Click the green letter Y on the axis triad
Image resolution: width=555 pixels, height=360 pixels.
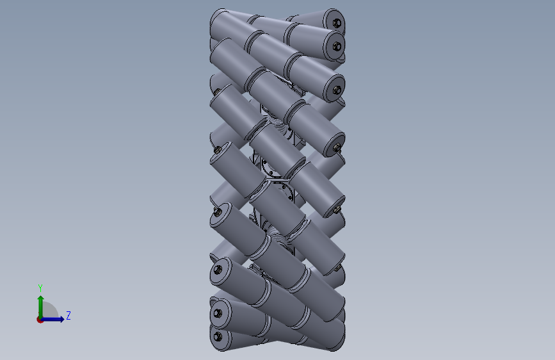40,288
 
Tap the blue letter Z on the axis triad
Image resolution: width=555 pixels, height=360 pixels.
68,315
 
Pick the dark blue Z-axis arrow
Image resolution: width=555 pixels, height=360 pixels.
54,319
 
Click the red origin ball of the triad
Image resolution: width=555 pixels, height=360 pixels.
40,319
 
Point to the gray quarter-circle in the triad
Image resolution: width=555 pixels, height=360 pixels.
50,312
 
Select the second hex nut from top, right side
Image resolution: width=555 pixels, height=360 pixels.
336,47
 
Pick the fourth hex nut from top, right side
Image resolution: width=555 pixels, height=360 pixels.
337,147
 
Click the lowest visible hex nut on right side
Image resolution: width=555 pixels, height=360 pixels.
336,269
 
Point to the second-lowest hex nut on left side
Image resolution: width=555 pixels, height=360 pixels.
218,313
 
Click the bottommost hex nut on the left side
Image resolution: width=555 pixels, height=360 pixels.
218,336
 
